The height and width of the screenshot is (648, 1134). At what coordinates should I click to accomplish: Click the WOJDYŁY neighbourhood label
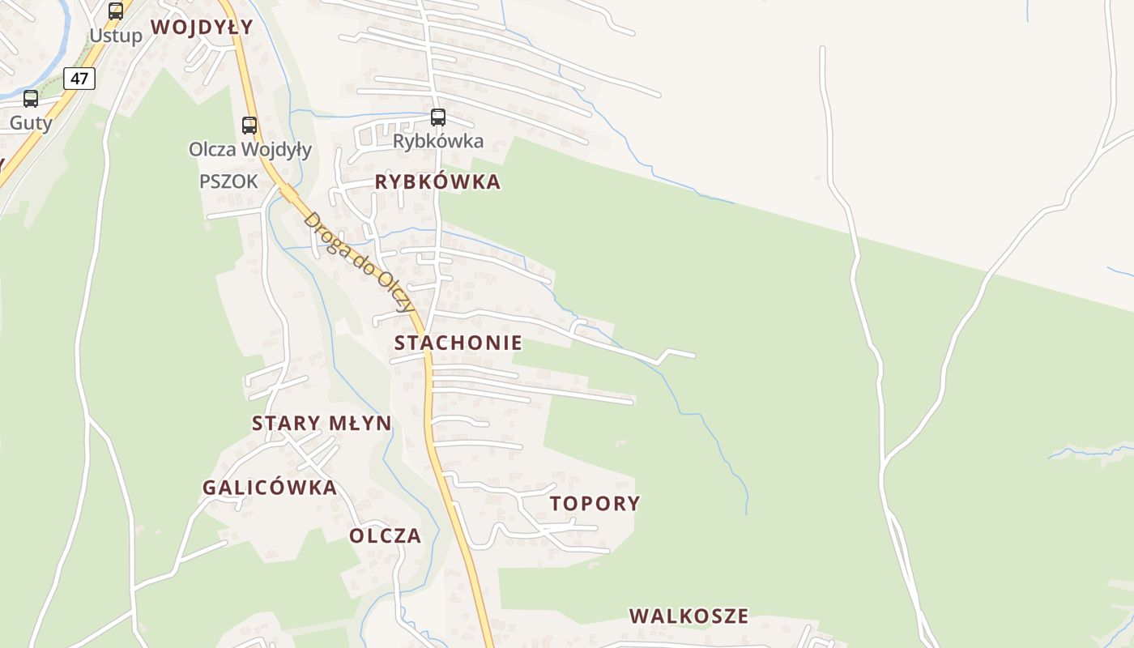coord(202,27)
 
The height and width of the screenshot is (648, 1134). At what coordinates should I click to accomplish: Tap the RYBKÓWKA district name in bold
coord(437,182)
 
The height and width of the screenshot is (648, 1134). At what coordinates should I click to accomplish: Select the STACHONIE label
coord(458,343)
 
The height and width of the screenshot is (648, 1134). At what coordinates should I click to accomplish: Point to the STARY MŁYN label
coord(322,423)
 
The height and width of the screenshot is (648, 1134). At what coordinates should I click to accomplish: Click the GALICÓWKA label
coord(269,488)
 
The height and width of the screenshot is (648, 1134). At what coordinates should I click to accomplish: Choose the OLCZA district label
coord(386,535)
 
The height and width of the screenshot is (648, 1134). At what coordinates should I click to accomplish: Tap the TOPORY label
coord(595,503)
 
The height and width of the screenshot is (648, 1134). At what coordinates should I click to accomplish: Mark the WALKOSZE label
coord(688,616)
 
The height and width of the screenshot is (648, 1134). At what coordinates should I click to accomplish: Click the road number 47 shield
coord(79,79)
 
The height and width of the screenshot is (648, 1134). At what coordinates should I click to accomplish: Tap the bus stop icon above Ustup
coord(116,11)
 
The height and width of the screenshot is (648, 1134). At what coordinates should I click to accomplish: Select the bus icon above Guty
coord(31,99)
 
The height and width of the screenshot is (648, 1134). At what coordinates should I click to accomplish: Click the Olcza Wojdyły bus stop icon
coord(249,126)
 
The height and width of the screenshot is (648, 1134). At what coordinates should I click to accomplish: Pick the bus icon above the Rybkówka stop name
coord(438,117)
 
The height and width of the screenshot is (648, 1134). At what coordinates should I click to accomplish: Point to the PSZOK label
coord(228,181)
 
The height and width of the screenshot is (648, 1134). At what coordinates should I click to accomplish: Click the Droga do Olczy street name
coord(359,262)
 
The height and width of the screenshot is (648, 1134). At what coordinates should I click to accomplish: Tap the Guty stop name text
coord(31,123)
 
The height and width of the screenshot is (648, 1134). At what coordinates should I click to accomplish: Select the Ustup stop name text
coord(116,36)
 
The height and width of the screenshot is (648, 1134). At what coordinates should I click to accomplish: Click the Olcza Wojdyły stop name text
coord(249,150)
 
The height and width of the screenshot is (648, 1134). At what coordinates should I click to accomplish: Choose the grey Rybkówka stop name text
coord(438,141)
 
